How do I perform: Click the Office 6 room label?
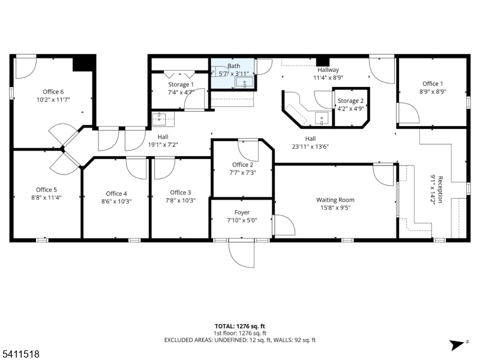[53, 92]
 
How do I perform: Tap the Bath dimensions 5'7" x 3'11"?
[234, 74]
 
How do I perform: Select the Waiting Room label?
[335, 200]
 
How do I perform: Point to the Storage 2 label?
[350, 101]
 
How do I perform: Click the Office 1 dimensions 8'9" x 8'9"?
[433, 92]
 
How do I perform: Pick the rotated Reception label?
[440, 189]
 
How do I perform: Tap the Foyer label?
[242, 212]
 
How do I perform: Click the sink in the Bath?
[245, 83]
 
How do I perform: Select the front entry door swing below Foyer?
[242, 253]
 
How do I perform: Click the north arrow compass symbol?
[458, 345]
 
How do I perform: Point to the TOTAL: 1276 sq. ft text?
[239, 326]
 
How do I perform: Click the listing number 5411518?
[20, 354]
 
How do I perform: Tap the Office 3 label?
[181, 193]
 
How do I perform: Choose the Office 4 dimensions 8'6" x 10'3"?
[116, 202]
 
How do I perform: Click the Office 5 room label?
[46, 190]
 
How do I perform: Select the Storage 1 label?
[181, 84]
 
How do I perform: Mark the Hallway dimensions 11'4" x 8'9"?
[328, 78]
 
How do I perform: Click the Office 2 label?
[243, 164]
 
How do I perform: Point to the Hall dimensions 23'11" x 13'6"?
[310, 146]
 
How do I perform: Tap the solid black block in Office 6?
[84, 64]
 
